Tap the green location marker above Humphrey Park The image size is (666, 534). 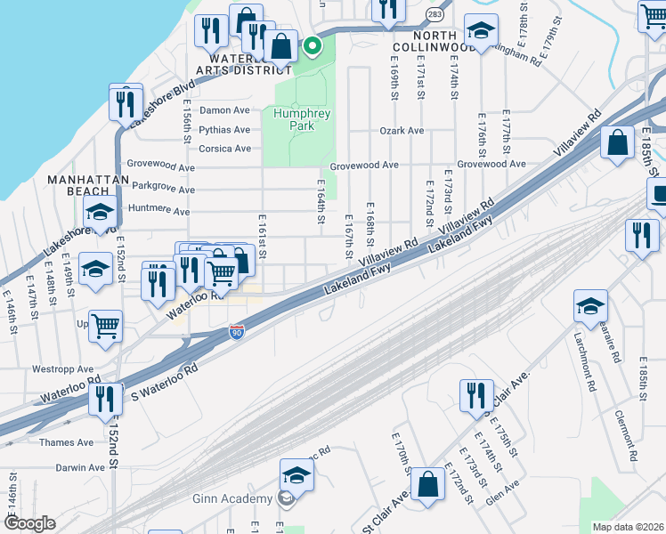point(312,47)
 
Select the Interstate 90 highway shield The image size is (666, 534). point(237,332)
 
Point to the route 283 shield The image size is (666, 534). point(434,15)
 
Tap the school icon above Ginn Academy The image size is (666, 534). point(297,476)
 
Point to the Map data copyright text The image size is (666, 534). point(629,527)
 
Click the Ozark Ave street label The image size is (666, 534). point(402,131)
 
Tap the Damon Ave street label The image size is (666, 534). point(224,110)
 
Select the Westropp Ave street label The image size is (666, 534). point(62,368)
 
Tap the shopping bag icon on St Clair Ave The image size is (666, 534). point(428,485)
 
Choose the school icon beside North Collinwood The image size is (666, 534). point(481,33)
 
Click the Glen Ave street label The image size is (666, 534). point(503,490)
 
